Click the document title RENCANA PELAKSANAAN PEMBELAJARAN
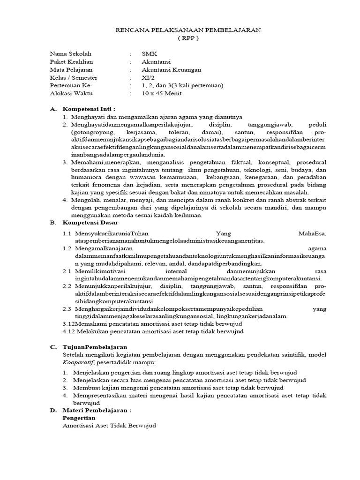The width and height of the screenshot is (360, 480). (188, 30)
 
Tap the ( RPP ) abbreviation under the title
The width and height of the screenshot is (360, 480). (188, 38)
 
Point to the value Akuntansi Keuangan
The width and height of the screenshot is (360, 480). (171, 70)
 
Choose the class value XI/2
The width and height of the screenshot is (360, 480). (147, 78)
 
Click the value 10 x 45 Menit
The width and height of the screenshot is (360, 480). (162, 93)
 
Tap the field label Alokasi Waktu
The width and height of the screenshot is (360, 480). (71, 93)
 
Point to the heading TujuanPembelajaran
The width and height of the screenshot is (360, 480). (95, 347)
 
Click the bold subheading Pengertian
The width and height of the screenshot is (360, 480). (79, 418)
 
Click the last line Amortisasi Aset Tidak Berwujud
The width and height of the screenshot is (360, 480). (109, 426)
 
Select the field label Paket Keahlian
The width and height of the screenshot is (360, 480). (71, 62)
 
